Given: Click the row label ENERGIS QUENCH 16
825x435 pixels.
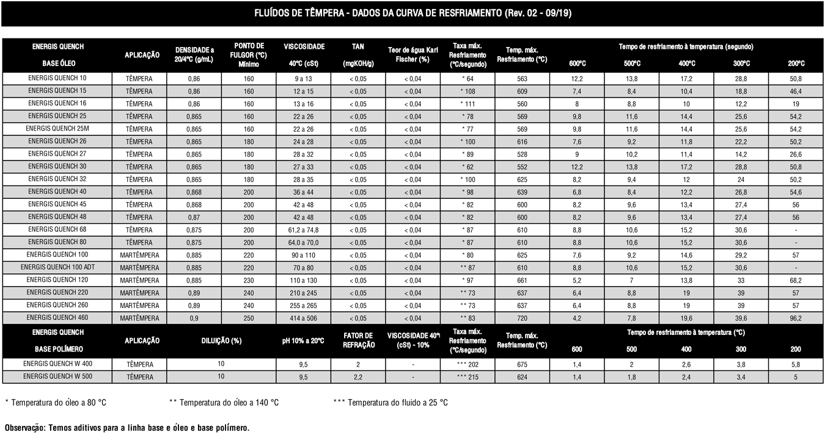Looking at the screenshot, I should point(57,103).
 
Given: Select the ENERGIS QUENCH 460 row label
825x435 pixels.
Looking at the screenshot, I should point(57,318).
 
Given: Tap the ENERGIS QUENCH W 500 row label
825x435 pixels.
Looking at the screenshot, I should point(57,376).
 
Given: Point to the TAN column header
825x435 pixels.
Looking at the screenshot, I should point(358,54).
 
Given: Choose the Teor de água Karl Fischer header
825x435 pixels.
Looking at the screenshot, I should point(413,54).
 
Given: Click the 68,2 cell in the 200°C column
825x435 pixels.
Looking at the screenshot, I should point(796,281).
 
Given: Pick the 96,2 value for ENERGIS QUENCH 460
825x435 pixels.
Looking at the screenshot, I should point(796,318).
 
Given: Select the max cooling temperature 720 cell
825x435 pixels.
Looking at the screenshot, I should point(522,318).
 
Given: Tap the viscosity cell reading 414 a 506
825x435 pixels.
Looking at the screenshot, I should point(304,318).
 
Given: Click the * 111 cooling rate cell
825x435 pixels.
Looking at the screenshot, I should point(467,104).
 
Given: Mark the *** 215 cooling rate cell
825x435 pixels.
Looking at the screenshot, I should point(467,377).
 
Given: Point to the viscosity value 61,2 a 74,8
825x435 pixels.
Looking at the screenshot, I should point(304,230).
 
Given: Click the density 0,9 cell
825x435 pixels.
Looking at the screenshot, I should point(194,318).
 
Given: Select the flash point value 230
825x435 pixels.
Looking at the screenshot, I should point(249,281).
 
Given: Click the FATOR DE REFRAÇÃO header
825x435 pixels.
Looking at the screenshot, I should point(358,340).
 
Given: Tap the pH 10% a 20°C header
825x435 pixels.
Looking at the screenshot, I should point(304,340).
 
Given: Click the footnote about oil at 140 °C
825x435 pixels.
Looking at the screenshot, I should point(224,403).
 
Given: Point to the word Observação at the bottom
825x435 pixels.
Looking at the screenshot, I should point(24,427).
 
